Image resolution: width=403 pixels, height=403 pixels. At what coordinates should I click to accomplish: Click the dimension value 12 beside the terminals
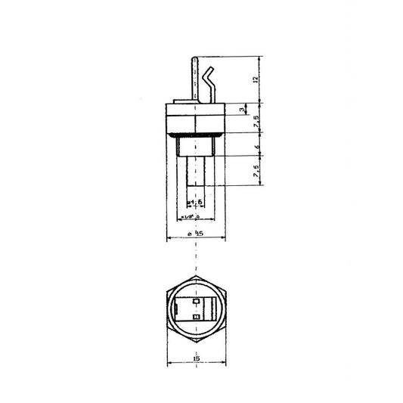click(256, 79)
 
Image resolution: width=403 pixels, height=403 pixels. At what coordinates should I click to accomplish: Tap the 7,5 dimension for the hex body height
click(256, 121)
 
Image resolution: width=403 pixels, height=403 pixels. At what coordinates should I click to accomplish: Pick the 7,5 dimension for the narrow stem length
click(256, 172)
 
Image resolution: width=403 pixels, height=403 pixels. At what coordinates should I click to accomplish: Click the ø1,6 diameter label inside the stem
click(194, 203)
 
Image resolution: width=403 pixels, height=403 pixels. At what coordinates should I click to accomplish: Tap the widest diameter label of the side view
click(196, 234)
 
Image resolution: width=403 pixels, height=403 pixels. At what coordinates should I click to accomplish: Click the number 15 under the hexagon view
click(196, 358)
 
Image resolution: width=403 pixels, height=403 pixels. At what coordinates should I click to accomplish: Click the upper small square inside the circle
click(197, 300)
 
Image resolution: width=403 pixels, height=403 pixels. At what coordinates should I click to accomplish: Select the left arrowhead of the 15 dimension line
click(169, 364)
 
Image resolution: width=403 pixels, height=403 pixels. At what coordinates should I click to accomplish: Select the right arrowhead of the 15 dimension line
click(223, 364)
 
